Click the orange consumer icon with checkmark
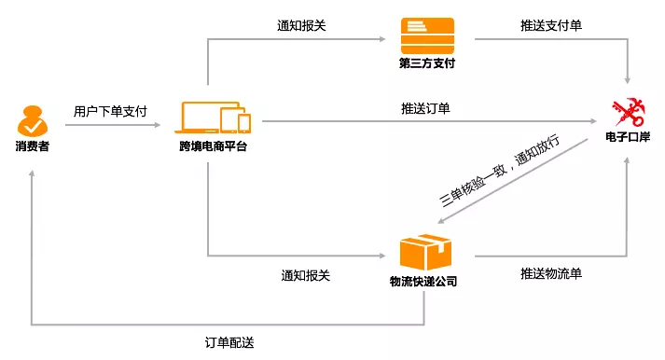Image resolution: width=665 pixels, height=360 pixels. (x=32, y=120)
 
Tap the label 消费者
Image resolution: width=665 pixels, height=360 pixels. (x=32, y=148)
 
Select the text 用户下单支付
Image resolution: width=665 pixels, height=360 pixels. (x=110, y=111)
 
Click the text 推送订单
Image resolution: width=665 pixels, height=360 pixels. (x=426, y=109)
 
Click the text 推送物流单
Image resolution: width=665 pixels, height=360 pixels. (x=551, y=274)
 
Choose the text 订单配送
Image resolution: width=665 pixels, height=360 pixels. (x=229, y=341)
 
